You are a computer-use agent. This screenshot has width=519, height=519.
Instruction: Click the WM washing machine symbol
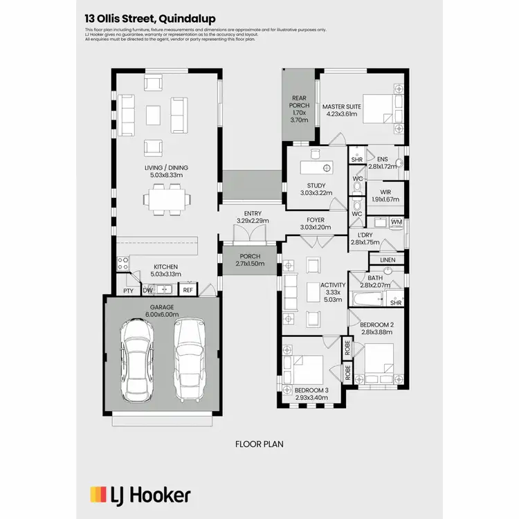click(x=396, y=222)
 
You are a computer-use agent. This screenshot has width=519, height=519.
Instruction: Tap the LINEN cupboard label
click(x=388, y=259)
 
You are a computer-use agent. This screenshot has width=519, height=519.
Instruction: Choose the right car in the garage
click(x=188, y=359)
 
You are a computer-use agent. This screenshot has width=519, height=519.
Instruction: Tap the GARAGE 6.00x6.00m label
click(x=162, y=311)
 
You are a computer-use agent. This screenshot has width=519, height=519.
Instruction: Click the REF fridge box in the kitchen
click(x=188, y=291)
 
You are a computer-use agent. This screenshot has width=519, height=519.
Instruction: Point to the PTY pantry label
click(x=128, y=291)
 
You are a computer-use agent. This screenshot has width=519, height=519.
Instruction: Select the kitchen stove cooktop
click(x=123, y=264)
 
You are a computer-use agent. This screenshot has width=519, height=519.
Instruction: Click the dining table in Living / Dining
click(x=166, y=201)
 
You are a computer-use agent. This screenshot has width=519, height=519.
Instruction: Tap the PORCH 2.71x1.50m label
click(x=249, y=260)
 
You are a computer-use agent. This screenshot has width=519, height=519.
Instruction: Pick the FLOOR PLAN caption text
click(x=259, y=444)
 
